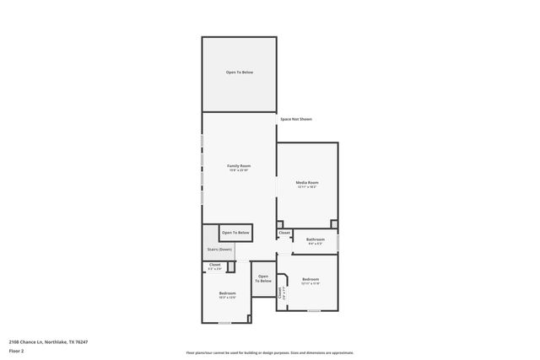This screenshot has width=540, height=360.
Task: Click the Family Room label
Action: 239,166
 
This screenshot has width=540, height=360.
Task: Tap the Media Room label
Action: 307,182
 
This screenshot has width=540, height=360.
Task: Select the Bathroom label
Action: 316,239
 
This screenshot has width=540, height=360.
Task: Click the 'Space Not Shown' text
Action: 296,119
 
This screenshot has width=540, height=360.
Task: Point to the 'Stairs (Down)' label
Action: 219,250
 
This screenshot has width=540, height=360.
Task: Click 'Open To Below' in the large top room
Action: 239,73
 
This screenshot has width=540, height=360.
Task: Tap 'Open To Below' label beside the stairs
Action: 235,232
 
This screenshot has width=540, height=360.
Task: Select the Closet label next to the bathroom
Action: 284,232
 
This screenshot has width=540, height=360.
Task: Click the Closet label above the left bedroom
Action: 215,265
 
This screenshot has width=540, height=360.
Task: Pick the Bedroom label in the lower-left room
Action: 226,293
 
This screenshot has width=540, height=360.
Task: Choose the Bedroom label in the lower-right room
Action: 310,279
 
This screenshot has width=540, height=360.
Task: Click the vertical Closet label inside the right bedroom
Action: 281,294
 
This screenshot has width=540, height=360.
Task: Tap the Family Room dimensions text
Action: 239,170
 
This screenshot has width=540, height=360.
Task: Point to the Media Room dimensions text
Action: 307,186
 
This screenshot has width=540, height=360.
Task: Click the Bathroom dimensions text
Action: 316,244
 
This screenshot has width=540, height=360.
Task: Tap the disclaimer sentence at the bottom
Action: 270,352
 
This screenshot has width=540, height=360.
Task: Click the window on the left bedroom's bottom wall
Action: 224,323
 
